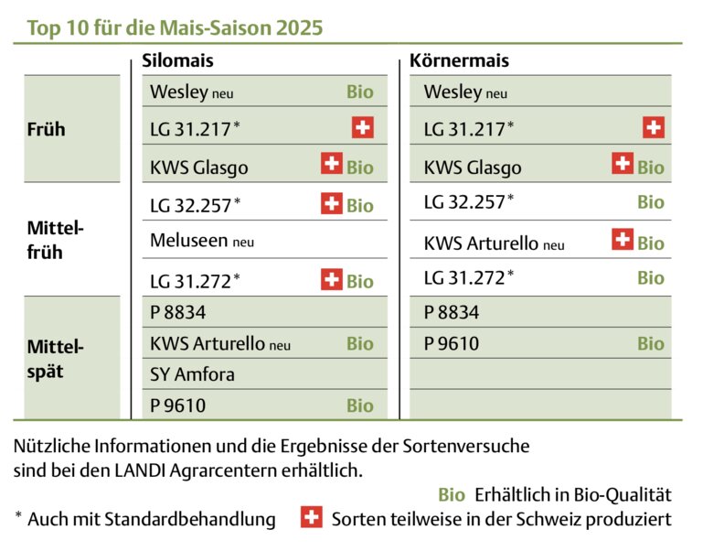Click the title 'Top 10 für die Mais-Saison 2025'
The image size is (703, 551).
click(175, 27)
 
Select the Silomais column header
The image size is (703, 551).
click(178, 61)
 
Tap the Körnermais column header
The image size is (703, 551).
click(460, 61)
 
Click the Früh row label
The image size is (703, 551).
click(47, 129)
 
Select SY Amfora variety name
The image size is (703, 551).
click(192, 373)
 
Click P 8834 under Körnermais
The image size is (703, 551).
click(452, 312)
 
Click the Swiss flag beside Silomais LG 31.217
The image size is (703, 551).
click(363, 128)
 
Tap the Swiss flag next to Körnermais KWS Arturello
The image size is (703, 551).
click(623, 241)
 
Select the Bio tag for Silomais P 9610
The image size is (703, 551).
click(360, 405)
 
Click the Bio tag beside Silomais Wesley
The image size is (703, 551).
click(360, 92)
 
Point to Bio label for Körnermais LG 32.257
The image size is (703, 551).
click(651, 202)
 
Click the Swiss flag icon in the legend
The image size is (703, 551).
click(311, 518)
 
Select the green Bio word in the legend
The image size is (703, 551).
click(452, 495)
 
